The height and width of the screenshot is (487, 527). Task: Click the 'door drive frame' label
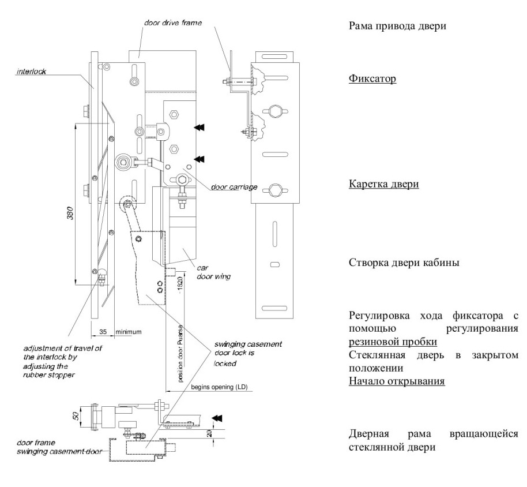pos(173,23)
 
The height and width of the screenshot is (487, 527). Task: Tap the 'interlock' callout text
pos(31,72)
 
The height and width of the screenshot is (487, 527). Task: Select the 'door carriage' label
pos(234,187)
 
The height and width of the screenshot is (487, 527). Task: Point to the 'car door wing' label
pos(214,272)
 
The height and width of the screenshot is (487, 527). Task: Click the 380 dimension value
pos(70,213)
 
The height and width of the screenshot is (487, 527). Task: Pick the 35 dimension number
pos(103,332)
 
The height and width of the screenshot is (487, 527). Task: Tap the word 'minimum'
pos(129,332)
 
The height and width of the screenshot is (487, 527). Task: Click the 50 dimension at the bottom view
pos(77,415)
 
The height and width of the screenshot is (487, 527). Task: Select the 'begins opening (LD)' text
pos(219,387)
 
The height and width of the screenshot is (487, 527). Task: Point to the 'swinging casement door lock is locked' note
pos(248,354)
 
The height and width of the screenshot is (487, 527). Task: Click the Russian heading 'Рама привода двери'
pos(397,26)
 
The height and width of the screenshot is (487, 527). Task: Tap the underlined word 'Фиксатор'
pos(372,78)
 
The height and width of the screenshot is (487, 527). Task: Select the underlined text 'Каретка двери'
pos(384,184)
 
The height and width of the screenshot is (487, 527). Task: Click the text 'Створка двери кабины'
pos(404,263)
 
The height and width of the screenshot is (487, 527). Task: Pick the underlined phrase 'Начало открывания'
pos(397,381)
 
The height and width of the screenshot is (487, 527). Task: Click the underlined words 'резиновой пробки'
pos(393,342)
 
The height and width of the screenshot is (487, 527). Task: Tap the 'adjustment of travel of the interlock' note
pos(62,362)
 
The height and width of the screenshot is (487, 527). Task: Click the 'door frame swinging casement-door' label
pos(59,447)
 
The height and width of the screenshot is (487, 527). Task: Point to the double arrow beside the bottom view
pos(217,418)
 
